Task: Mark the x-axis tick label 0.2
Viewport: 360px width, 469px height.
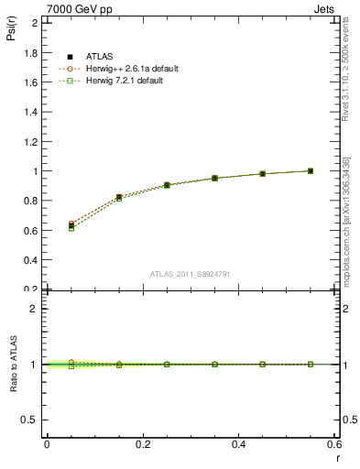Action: (x=143, y=444)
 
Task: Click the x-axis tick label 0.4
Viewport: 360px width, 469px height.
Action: (x=239, y=444)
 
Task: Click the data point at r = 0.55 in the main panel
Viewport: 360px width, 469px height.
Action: (x=311, y=170)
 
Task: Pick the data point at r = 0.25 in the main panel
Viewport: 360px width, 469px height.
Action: (x=167, y=185)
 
